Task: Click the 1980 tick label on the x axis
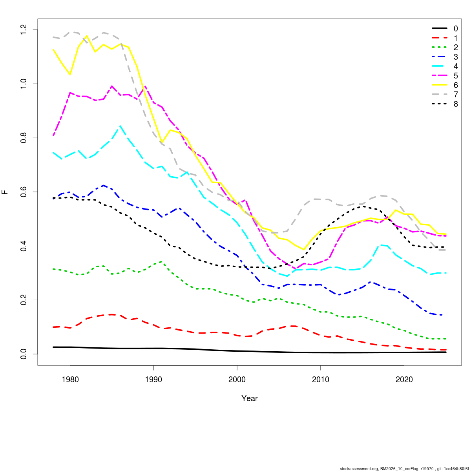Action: click(70, 380)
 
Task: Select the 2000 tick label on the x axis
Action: click(237, 380)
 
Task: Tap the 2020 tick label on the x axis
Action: click(404, 380)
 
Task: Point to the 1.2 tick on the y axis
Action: click(24, 30)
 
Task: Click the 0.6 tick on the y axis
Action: click(24, 192)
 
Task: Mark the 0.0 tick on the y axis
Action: click(24, 354)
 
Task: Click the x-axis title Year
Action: click(250, 399)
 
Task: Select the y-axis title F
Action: click(5, 192)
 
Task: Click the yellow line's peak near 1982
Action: click(86, 36)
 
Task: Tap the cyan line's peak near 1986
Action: click(120, 126)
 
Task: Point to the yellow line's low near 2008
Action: click(303, 249)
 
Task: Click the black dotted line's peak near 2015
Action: click(363, 206)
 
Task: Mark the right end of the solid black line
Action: click(446, 352)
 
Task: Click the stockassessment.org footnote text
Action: click(404, 468)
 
